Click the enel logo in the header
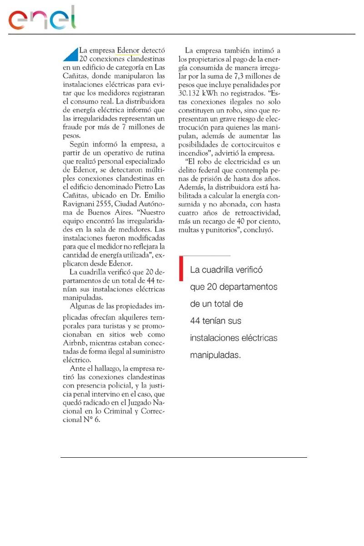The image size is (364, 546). [x=42, y=19]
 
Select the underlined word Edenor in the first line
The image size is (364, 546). [x=128, y=51]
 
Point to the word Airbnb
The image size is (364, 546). [x=75, y=344]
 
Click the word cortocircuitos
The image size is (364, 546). [x=258, y=145]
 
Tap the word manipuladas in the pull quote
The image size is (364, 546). [x=215, y=355]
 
